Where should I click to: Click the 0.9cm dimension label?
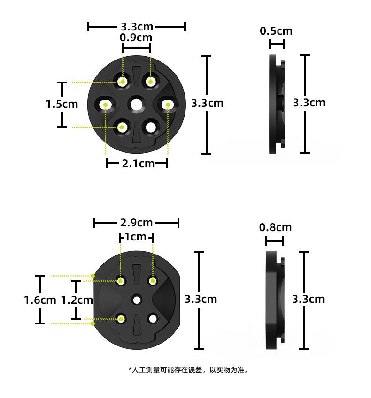(x=136, y=38)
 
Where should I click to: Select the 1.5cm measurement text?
(x=62, y=104)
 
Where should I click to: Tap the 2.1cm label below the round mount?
(x=138, y=164)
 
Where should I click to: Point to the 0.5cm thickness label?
(x=276, y=31)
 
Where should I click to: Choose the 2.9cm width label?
(x=136, y=223)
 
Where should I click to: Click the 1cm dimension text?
(x=136, y=237)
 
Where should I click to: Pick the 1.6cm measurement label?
(x=40, y=300)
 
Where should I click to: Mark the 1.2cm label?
(x=77, y=300)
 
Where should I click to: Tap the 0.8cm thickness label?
(x=275, y=228)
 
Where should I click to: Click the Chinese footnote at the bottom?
(x=188, y=370)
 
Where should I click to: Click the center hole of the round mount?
(x=137, y=104)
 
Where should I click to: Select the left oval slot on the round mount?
(x=106, y=104)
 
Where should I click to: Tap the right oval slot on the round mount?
(x=168, y=104)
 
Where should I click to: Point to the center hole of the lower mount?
(x=137, y=299)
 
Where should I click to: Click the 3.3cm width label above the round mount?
(x=137, y=26)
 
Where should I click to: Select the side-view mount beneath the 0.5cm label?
(x=277, y=104)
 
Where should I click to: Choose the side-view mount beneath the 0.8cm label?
(x=275, y=300)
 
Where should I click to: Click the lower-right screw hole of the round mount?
(x=150, y=127)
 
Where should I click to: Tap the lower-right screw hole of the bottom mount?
(x=153, y=318)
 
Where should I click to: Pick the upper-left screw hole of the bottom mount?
(x=121, y=281)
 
